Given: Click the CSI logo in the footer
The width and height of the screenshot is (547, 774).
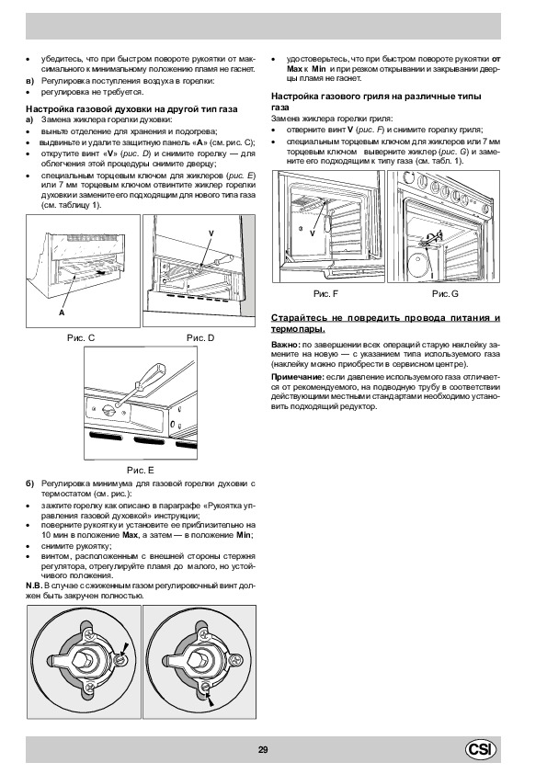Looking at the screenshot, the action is pyautogui.click(x=481, y=749).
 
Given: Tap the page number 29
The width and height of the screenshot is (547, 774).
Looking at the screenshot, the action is pyautogui.click(x=263, y=750).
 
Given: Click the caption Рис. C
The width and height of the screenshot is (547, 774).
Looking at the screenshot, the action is pyautogui.click(x=81, y=338).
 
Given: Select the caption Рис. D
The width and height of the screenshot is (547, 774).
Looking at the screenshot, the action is pyautogui.click(x=200, y=338).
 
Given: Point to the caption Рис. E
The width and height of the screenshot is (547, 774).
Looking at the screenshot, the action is pyautogui.click(x=141, y=471).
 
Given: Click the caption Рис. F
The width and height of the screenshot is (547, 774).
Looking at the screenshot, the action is pyautogui.click(x=325, y=294).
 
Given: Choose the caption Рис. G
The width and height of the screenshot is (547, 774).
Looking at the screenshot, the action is pyautogui.click(x=445, y=294).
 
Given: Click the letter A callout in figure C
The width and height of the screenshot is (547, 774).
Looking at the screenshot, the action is pyautogui.click(x=62, y=313).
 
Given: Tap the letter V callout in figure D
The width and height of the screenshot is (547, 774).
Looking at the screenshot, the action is pyautogui.click(x=211, y=233).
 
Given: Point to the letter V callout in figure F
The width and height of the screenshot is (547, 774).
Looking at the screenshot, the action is pyautogui.click(x=313, y=234).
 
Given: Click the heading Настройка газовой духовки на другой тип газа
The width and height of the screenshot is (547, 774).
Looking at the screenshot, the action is pyautogui.click(x=131, y=109).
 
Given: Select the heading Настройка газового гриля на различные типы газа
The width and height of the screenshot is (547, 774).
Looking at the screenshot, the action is pyautogui.click(x=376, y=102).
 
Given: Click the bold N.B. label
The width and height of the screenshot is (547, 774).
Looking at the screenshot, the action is pyautogui.click(x=34, y=586).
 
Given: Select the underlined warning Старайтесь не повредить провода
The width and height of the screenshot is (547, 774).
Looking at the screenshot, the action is pyautogui.click(x=385, y=323).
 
